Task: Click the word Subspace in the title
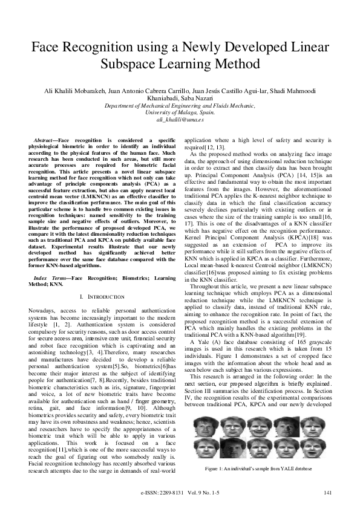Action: (137, 63)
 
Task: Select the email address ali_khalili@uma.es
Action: (180, 120)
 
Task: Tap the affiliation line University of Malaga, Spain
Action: (180, 112)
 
